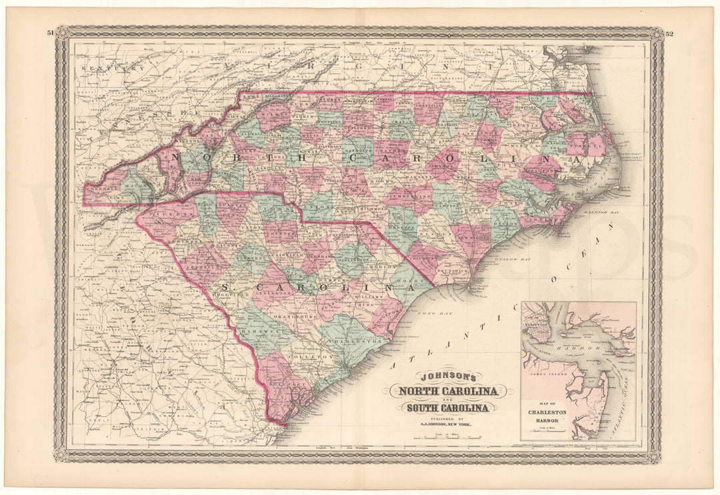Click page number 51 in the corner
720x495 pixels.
(51, 32)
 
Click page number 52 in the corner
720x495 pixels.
(669, 32)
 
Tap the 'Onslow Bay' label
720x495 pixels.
(517, 256)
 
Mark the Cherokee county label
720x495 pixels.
(103, 189)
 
